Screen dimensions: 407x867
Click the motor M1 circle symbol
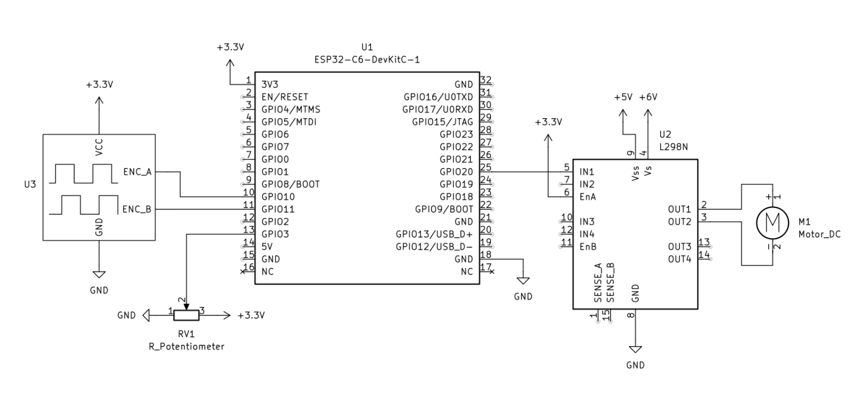click(772, 222)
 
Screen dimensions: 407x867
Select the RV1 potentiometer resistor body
click(186, 315)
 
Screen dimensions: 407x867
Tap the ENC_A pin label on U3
click(137, 172)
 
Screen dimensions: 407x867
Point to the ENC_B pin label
click(137, 210)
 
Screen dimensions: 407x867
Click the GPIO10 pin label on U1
click(278, 197)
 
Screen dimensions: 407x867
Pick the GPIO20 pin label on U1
click(456, 172)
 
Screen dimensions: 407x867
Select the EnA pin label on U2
click(588, 197)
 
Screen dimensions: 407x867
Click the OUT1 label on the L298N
click(680, 210)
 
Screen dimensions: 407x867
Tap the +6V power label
click(649, 97)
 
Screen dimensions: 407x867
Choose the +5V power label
click(623, 97)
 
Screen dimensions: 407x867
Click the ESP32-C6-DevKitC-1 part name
click(367, 59)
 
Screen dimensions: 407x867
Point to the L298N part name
click(673, 147)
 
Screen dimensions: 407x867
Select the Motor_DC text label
click(819, 234)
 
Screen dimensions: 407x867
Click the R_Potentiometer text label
click(186, 347)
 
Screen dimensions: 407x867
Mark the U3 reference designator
click(30, 185)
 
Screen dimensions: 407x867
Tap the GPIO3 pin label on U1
click(275, 234)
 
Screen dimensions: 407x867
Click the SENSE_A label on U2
click(598, 283)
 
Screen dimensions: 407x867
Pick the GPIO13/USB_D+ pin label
click(434, 234)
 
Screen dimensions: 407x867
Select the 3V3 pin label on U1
click(269, 85)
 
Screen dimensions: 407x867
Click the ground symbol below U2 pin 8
click(635, 350)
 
